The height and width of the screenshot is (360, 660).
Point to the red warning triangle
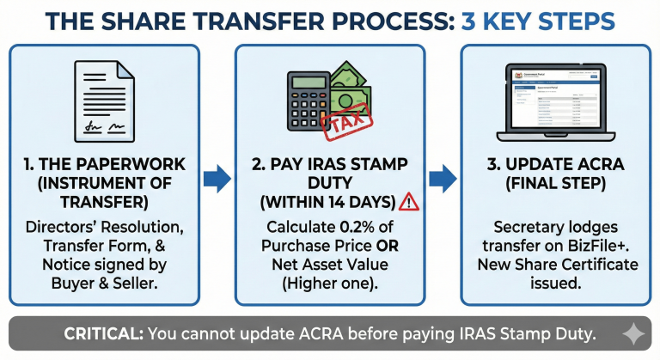[x=409, y=202]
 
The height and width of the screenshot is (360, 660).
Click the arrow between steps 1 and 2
[x=217, y=180]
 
